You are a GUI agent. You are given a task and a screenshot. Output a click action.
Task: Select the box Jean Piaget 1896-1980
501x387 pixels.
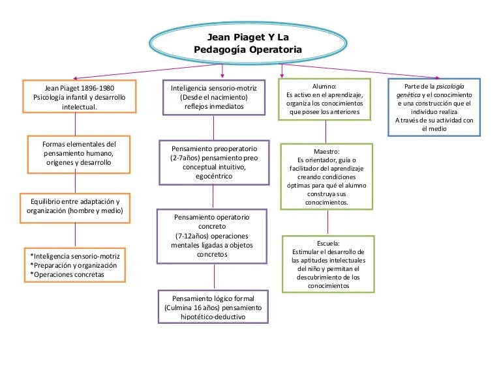tap(79, 97)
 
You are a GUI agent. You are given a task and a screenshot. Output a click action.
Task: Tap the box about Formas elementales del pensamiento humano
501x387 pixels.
tap(79, 153)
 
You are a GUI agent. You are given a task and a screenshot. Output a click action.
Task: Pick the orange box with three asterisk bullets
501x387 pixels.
tap(75, 265)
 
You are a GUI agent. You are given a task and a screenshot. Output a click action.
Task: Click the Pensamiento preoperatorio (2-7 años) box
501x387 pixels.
tap(214, 160)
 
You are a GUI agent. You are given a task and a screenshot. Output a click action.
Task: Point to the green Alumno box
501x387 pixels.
tap(324, 99)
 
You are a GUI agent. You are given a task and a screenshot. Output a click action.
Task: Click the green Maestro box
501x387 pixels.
tap(327, 177)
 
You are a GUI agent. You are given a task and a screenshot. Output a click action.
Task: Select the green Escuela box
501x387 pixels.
tap(328, 264)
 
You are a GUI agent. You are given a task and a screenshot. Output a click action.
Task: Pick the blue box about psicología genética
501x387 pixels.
tap(434, 107)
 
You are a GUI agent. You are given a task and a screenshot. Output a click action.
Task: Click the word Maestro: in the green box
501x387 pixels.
tap(327, 151)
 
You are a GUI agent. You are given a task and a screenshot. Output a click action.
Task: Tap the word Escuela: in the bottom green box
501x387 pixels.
tap(328, 243)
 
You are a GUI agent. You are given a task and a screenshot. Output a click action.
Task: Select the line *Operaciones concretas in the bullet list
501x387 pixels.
tap(67, 274)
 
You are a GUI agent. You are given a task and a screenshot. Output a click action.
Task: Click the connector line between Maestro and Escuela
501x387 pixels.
tap(327, 222)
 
